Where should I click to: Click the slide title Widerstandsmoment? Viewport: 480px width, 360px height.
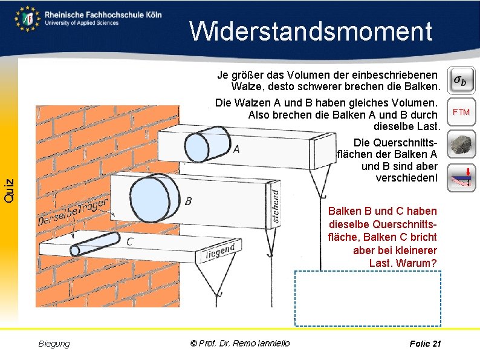point(311,31)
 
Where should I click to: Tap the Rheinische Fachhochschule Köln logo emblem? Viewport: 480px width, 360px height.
point(28,18)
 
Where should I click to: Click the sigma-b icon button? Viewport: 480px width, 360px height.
point(462,79)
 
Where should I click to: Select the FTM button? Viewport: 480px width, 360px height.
point(461,112)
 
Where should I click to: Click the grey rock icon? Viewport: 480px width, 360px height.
point(461,145)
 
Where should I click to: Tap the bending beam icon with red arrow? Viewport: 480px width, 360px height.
point(461,177)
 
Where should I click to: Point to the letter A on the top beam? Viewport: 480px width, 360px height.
point(236,149)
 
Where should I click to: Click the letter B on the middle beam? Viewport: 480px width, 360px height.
point(189,201)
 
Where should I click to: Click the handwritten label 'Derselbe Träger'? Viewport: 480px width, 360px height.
point(73,213)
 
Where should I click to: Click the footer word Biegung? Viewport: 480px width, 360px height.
point(54,344)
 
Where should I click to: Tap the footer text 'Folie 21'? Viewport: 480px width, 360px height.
point(425,344)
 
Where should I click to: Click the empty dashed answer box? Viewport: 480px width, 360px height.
point(368,298)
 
